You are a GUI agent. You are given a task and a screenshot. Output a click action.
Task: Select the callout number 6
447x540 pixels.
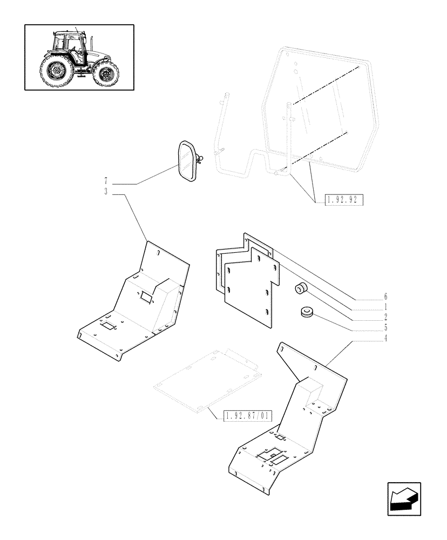pyautogui.click(x=385, y=296)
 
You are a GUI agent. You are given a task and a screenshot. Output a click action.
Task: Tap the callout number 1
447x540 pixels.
pyautogui.click(x=385, y=307)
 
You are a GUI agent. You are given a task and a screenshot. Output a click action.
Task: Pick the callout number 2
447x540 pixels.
pyautogui.click(x=385, y=317)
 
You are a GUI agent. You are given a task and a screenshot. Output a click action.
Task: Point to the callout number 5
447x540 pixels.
pyautogui.click(x=385, y=327)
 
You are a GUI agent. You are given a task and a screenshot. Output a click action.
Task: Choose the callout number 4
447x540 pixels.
pyautogui.click(x=385, y=339)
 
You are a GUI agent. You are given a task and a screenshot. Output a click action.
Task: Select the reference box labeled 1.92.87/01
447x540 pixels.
pyautogui.click(x=247, y=415)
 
